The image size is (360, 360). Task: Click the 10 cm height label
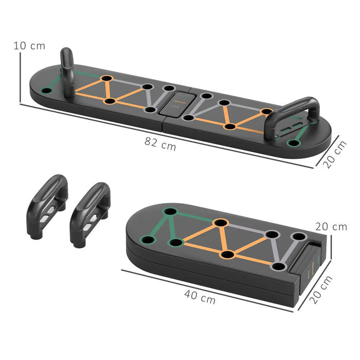point(29,46)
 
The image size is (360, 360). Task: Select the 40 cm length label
point(200,296)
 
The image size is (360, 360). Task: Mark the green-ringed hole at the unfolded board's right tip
point(294,142)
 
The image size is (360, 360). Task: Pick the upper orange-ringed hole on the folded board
point(221,223)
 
